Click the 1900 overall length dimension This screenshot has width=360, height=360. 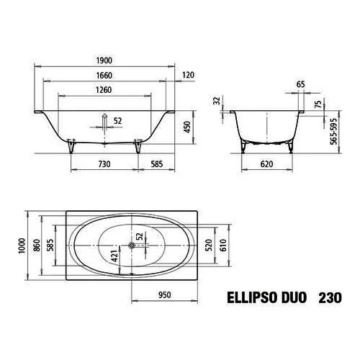(104, 60)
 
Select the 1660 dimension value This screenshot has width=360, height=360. (104, 76)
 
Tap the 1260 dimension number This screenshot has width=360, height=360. (104, 90)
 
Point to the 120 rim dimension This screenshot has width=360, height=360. (188, 75)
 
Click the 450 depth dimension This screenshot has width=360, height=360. (186, 127)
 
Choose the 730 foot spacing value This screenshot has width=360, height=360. (104, 164)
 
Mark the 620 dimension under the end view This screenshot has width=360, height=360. (266, 164)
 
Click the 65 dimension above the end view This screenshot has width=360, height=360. (301, 84)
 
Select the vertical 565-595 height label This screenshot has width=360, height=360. (333, 131)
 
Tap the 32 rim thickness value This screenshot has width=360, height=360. (217, 101)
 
